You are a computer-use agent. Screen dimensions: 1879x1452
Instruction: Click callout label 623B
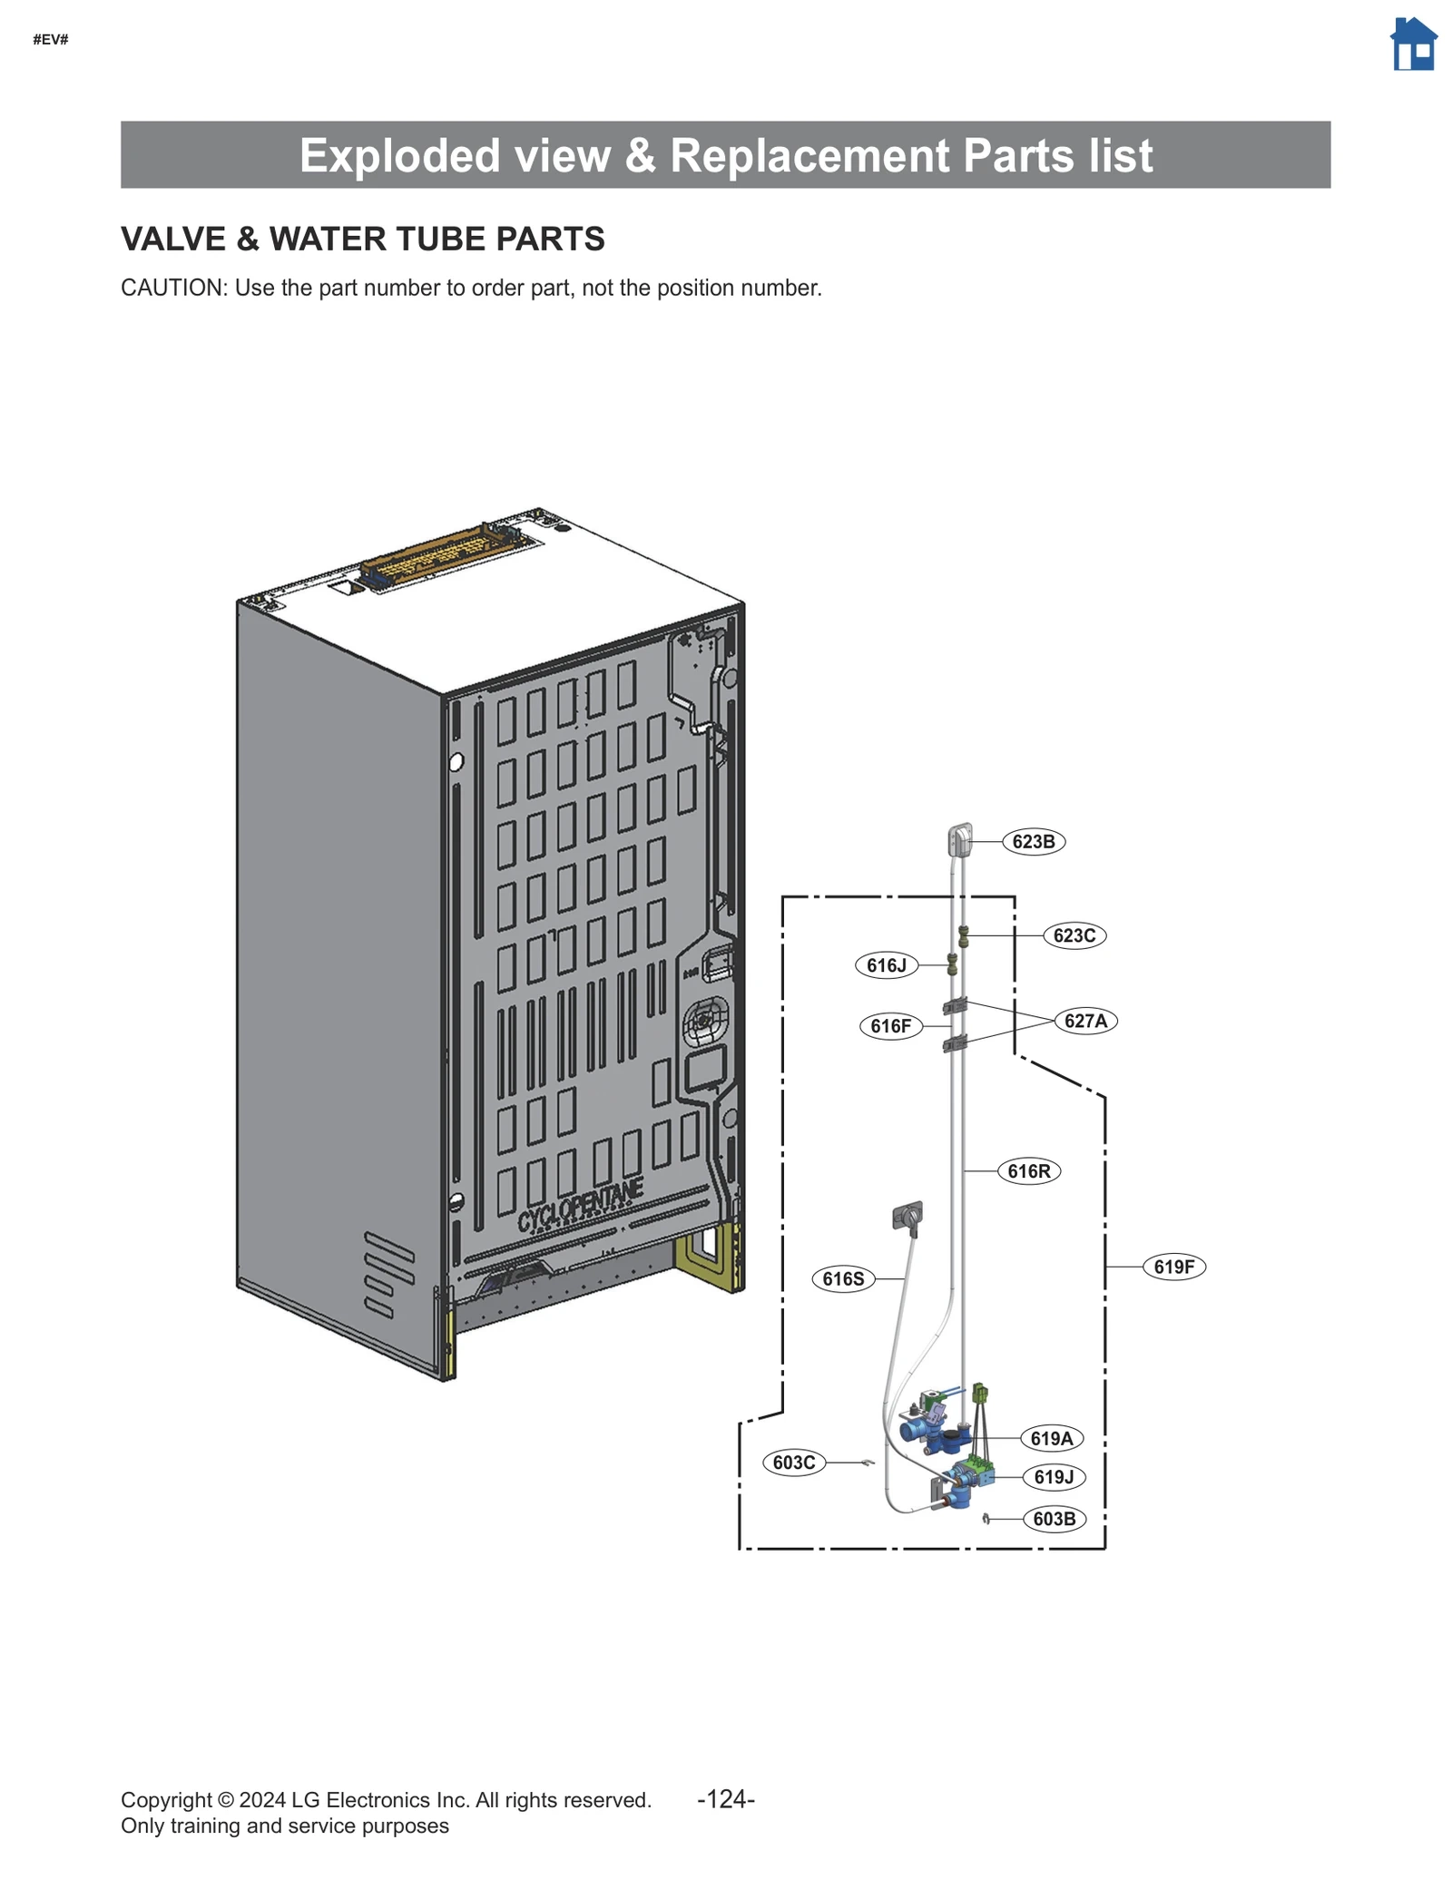click(x=1033, y=841)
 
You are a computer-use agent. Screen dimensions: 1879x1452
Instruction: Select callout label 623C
click(x=1074, y=935)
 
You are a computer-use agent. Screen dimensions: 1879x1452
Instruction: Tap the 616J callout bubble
click(x=886, y=965)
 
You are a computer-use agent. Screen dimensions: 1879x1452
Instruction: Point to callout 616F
click(x=889, y=1026)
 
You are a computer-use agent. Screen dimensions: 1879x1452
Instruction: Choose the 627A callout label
click(x=1085, y=1021)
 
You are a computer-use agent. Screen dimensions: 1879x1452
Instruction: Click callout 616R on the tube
click(x=1028, y=1171)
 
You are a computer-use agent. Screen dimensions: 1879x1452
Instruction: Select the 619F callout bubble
click(x=1173, y=1267)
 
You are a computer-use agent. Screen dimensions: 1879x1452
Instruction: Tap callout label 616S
click(x=842, y=1279)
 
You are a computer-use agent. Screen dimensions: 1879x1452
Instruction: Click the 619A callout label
click(x=1051, y=1438)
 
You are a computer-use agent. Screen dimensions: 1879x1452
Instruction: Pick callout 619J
click(x=1053, y=1477)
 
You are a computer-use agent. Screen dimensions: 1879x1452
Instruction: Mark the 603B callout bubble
click(x=1054, y=1519)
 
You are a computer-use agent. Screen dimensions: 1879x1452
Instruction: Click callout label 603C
click(x=793, y=1463)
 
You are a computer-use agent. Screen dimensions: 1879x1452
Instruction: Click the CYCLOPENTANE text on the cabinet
click(x=580, y=1207)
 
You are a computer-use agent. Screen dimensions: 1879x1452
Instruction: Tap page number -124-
click(x=725, y=1799)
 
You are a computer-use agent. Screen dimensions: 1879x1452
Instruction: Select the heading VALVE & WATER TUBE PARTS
click(x=362, y=239)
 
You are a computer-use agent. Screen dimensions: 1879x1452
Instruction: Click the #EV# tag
click(x=51, y=40)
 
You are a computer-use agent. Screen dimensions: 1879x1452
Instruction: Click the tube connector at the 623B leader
click(x=960, y=840)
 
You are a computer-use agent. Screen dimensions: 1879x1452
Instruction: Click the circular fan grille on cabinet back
click(x=704, y=1023)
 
